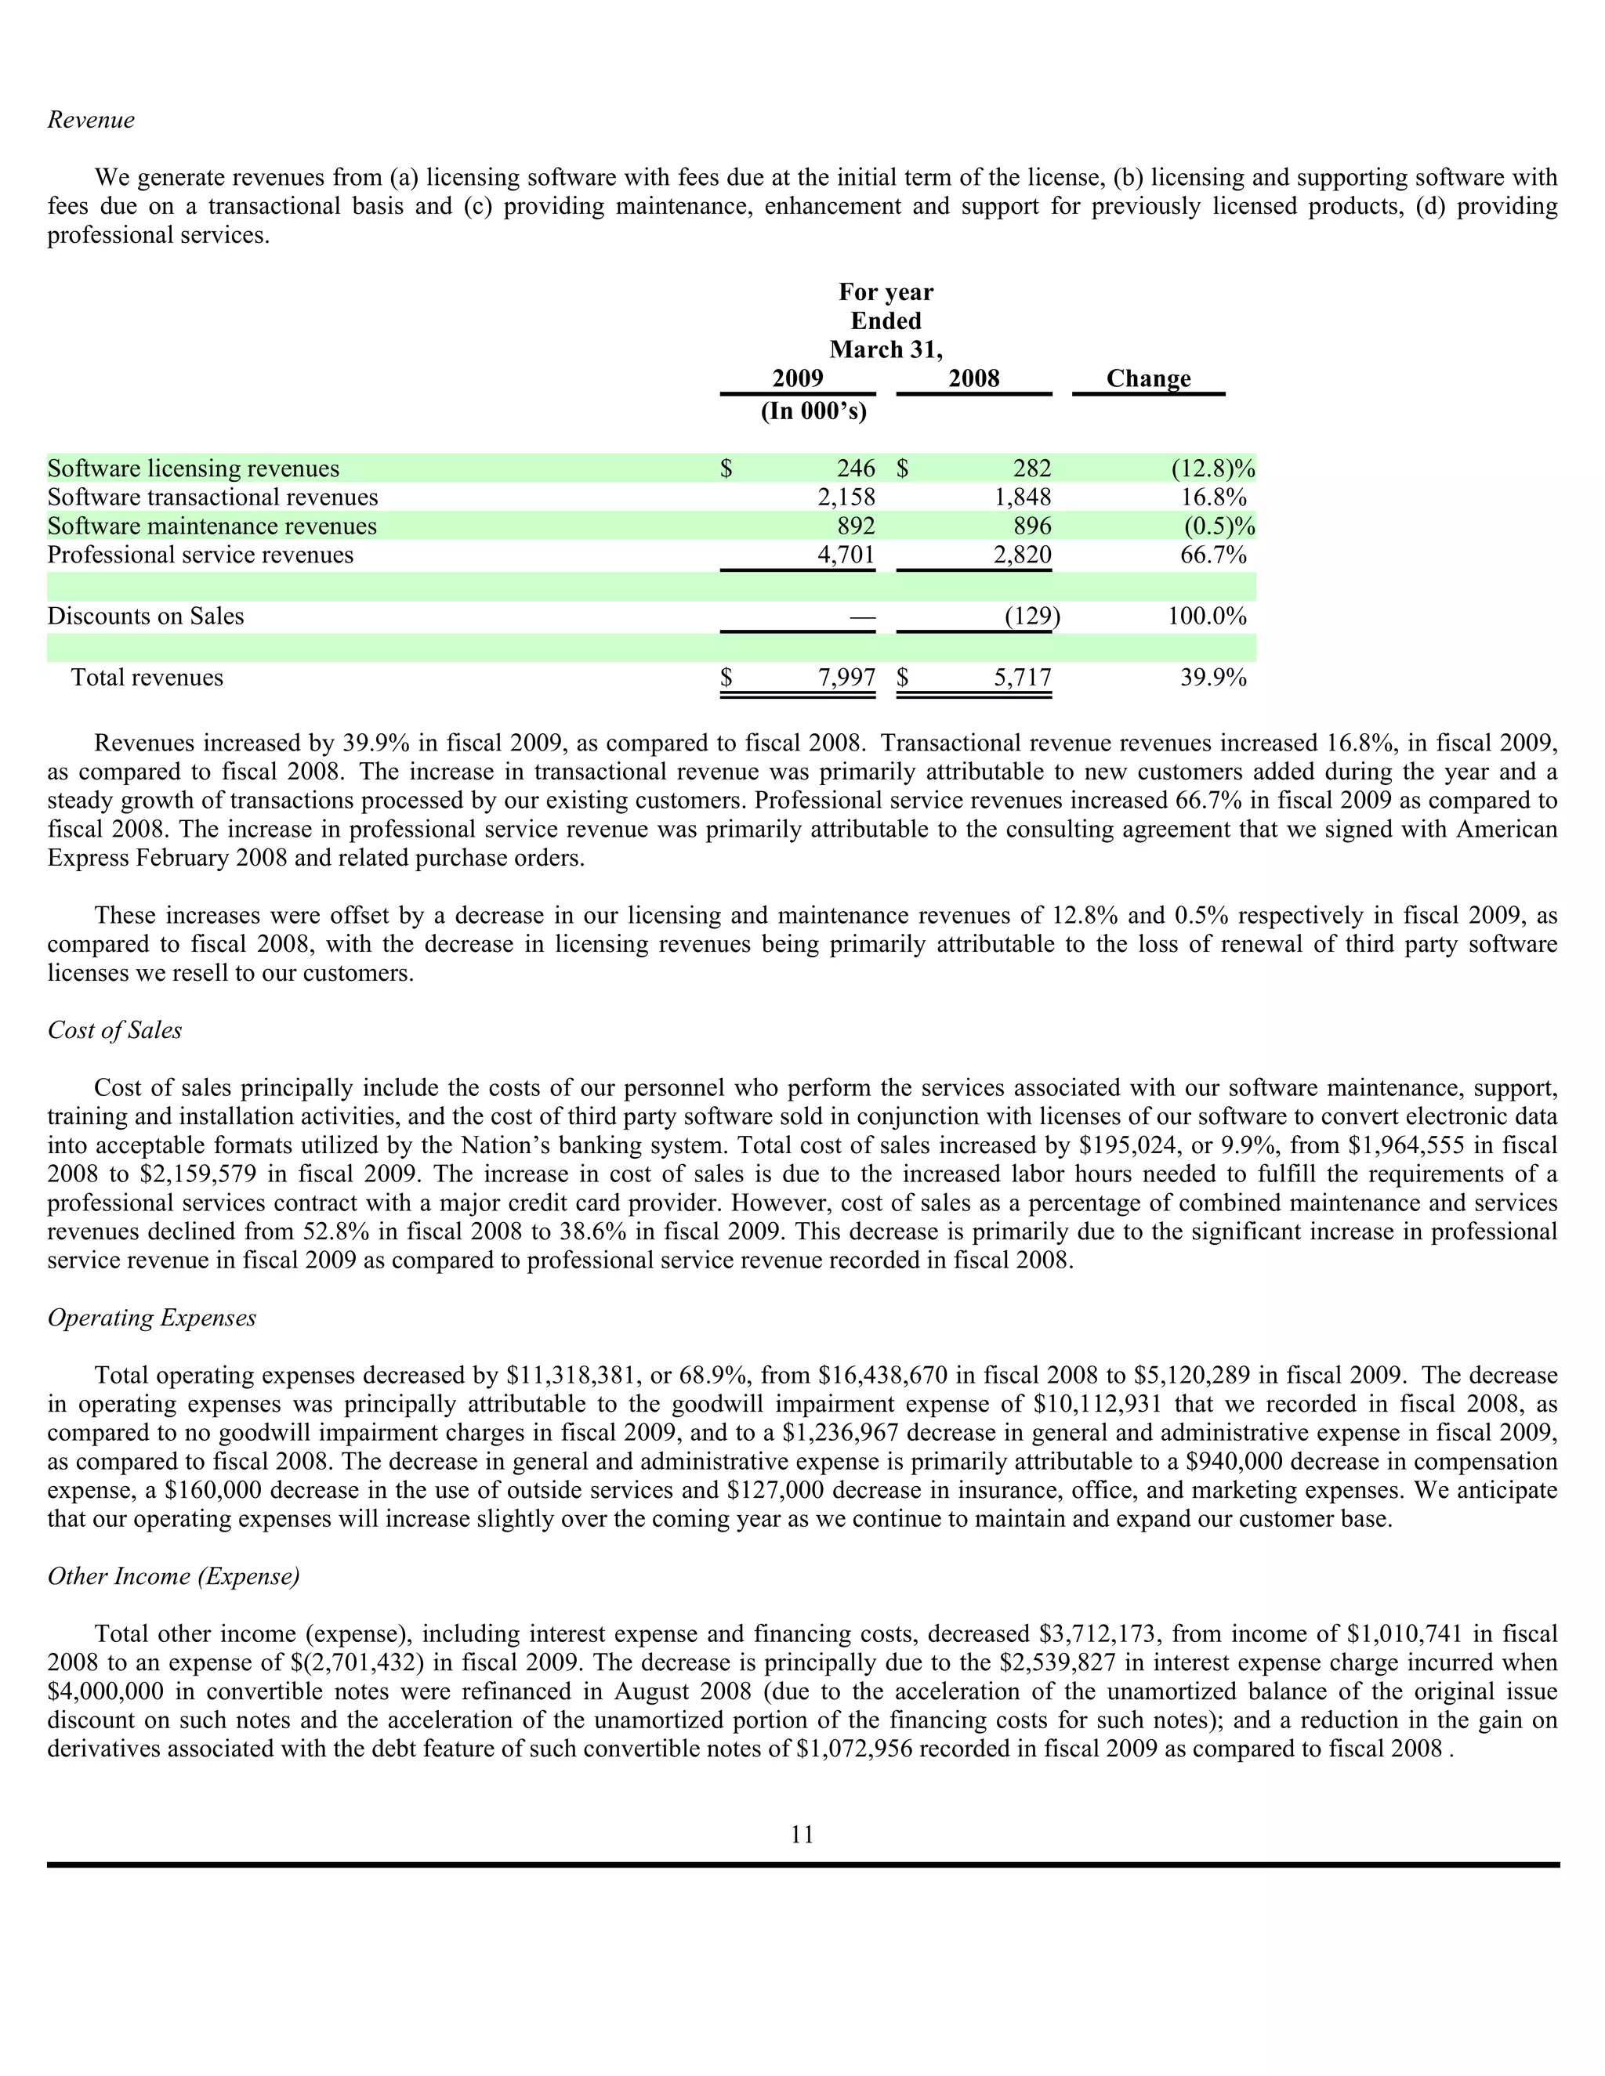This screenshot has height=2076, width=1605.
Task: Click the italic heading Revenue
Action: pyautogui.click(x=91, y=120)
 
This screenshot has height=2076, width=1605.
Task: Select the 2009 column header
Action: pyautogui.click(x=797, y=378)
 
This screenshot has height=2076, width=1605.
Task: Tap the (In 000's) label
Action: pyautogui.click(x=814, y=411)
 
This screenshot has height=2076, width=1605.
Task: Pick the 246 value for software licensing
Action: pyautogui.click(x=856, y=468)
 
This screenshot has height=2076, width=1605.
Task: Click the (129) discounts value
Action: pyautogui.click(x=1031, y=616)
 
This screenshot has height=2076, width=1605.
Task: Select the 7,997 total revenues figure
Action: pyautogui.click(x=846, y=678)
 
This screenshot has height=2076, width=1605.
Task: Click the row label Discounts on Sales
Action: pyautogui.click(x=146, y=616)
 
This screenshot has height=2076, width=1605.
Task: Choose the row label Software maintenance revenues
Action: pyautogui.click(x=212, y=526)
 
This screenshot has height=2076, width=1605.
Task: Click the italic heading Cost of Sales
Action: pyautogui.click(x=114, y=1030)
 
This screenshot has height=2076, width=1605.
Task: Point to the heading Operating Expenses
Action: pyautogui.click(x=152, y=1318)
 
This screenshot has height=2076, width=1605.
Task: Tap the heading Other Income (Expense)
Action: pyautogui.click(x=174, y=1576)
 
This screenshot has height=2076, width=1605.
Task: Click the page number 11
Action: pyautogui.click(x=802, y=1834)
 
